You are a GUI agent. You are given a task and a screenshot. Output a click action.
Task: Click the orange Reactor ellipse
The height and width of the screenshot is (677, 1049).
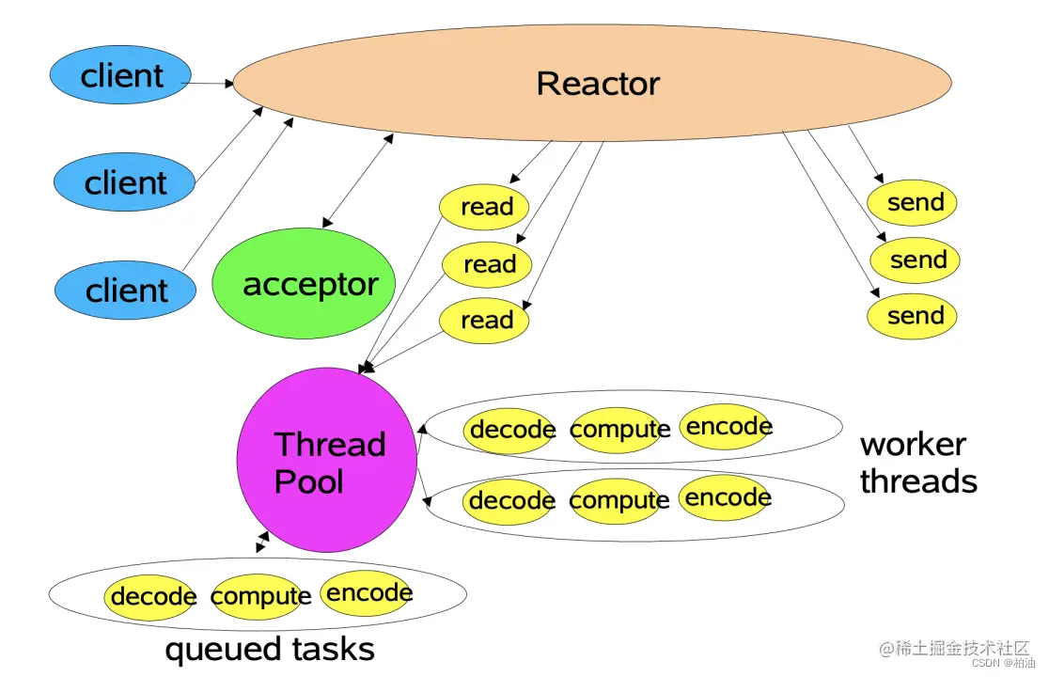[592, 83]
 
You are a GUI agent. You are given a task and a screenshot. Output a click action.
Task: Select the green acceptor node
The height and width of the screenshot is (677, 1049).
[304, 283]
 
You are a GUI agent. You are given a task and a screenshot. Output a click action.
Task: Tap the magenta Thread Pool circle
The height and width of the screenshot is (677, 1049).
[327, 460]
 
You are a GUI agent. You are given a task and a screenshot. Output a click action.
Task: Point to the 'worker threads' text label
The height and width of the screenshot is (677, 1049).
[918, 463]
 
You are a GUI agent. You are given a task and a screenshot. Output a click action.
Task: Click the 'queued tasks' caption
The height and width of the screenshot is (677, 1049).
[270, 649]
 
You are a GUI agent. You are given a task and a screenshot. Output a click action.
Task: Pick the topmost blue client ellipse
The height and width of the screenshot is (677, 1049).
[120, 75]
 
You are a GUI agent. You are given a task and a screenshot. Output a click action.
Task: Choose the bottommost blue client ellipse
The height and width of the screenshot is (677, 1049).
[125, 290]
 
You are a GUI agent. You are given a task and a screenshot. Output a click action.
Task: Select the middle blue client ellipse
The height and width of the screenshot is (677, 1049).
[124, 182]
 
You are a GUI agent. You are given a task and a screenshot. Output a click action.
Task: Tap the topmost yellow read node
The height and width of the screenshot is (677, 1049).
[484, 207]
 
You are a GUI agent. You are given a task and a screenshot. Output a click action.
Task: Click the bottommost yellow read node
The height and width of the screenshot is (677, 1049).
[484, 321]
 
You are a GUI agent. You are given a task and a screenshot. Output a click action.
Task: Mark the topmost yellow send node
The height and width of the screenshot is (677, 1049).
[912, 203]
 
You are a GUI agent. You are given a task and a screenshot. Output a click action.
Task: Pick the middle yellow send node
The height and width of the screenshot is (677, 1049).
[916, 260]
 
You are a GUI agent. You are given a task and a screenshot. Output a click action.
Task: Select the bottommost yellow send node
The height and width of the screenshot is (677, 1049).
[912, 316]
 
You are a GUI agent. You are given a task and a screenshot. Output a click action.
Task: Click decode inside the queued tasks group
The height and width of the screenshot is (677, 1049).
[151, 596]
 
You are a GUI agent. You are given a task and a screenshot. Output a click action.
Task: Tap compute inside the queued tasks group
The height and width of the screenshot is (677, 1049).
[260, 595]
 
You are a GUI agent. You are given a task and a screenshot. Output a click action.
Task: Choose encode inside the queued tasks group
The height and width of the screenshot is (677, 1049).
[368, 592]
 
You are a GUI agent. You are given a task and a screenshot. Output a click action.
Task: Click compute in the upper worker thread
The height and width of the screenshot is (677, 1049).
[619, 430]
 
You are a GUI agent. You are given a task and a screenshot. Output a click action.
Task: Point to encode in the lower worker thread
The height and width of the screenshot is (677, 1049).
[727, 497]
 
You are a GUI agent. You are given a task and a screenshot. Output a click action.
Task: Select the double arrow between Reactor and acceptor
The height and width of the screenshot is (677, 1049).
[358, 181]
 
